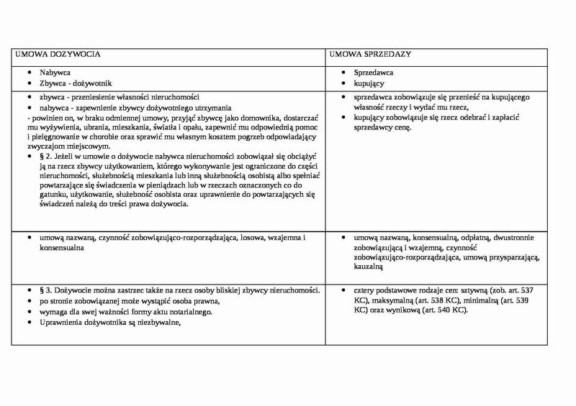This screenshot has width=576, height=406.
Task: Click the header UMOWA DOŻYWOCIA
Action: (x=58, y=54)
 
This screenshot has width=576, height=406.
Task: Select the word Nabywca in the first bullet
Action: (x=55, y=73)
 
